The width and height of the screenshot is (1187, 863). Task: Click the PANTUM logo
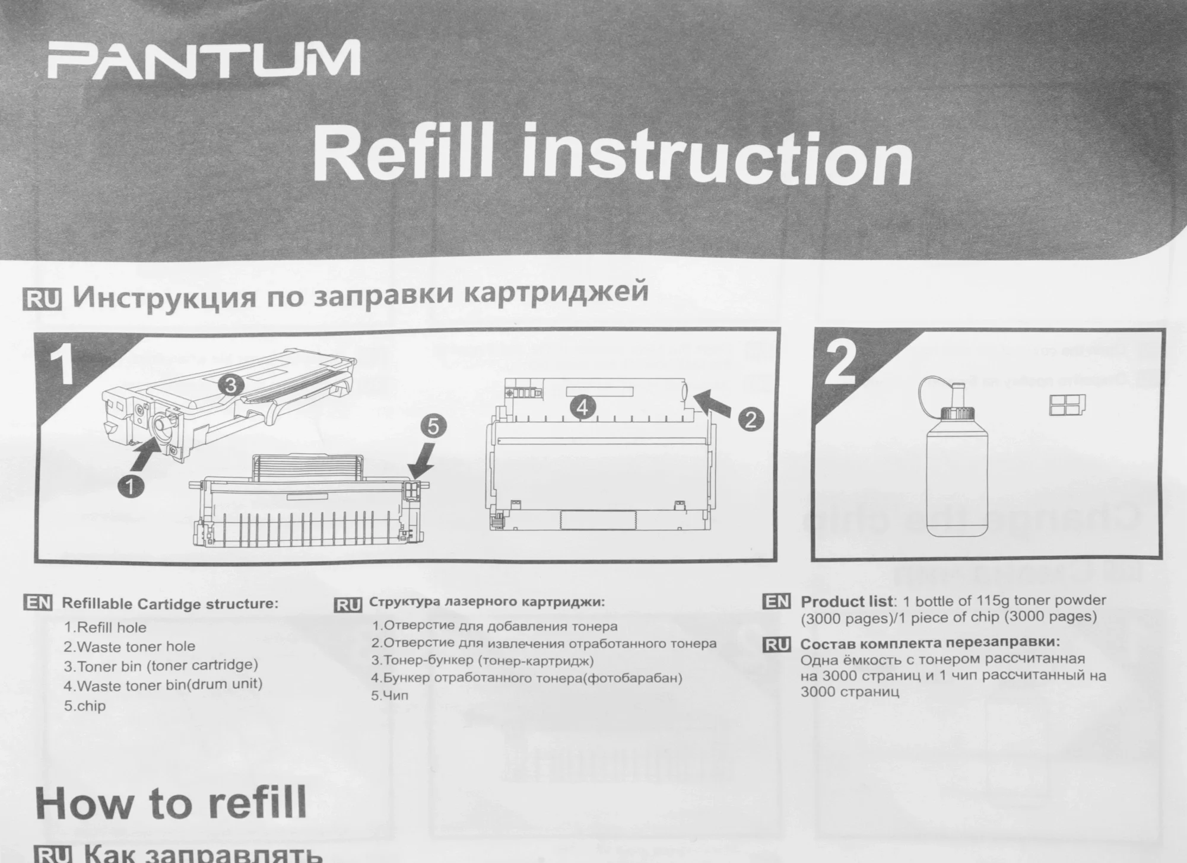[204, 60]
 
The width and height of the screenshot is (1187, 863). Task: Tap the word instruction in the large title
[717, 155]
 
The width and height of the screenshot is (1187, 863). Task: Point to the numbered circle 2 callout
[750, 420]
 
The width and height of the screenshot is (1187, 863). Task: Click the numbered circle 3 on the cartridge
[231, 386]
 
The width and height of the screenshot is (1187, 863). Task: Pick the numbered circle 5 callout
[433, 426]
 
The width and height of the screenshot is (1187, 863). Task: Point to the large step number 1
[61, 365]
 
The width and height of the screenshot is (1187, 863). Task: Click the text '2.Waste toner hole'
[129, 646]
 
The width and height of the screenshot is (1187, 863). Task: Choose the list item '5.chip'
[84, 706]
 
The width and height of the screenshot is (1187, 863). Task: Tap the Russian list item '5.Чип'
[390, 695]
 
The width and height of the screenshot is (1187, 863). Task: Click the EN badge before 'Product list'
[777, 601]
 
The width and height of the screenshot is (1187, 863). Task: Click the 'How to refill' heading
[171, 803]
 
